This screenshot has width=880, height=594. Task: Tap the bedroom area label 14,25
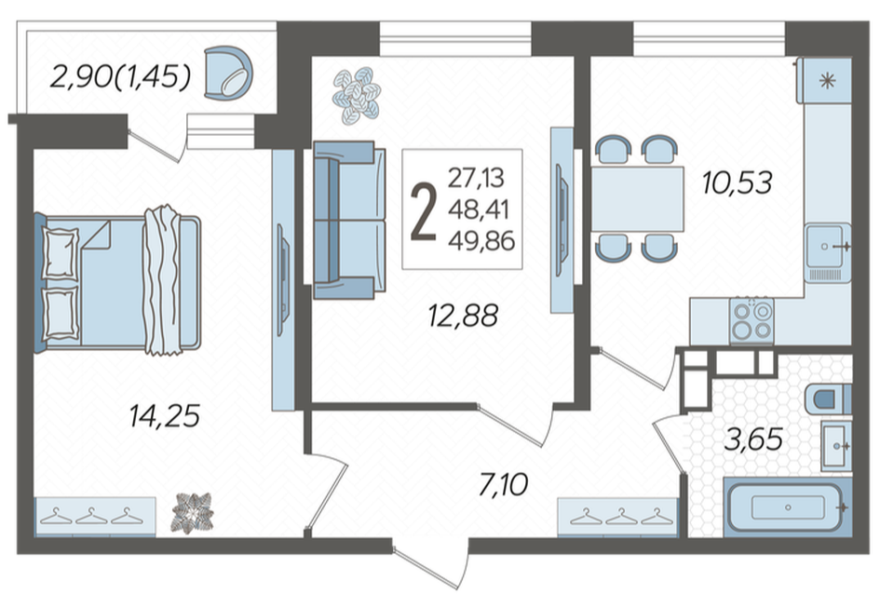point(165,416)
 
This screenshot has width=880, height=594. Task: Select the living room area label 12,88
point(463,316)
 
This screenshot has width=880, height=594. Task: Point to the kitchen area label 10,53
point(738,182)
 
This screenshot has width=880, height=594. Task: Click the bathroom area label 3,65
point(753,439)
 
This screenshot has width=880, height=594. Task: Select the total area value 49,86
point(481,241)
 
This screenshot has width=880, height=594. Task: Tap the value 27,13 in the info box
point(476,178)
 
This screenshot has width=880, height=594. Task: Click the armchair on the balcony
point(228,74)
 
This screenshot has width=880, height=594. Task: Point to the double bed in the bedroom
point(118,282)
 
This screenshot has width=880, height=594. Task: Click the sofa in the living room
point(349,220)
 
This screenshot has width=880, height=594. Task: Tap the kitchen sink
point(828,252)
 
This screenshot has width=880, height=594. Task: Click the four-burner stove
point(751,321)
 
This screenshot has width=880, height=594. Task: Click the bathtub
point(788,507)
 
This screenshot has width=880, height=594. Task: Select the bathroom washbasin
point(836,446)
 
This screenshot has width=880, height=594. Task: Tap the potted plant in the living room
point(357,95)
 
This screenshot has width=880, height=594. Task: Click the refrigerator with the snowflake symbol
point(826,81)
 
